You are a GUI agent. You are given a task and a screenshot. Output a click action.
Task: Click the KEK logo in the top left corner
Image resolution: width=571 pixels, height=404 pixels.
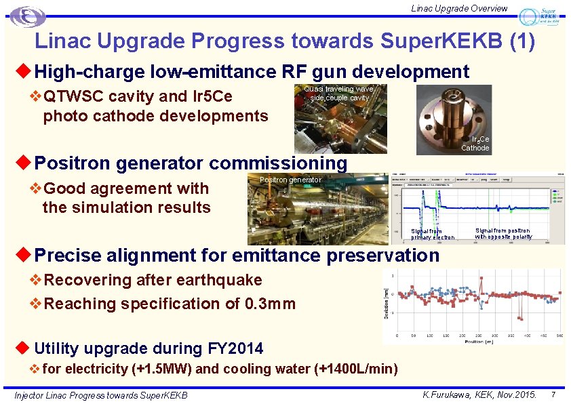pos(28,17)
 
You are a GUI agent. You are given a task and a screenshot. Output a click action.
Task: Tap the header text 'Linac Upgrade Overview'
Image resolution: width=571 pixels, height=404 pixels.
pos(459,8)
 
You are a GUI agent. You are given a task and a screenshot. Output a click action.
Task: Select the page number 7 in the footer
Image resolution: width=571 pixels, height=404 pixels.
pos(553,394)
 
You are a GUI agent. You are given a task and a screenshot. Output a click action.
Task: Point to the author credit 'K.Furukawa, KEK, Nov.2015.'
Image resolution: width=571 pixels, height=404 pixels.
pos(479,394)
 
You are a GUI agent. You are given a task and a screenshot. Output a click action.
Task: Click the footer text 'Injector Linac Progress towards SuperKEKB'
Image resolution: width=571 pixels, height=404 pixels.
pos(101,395)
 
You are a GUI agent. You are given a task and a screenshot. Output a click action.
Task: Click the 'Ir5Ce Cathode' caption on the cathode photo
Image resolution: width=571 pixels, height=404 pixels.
pos(475,144)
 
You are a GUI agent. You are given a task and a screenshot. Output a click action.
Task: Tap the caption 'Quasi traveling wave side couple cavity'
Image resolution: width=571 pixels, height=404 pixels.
pos(338,94)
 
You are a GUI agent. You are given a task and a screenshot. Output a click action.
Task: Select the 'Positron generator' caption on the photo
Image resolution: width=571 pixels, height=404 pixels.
pos(291,180)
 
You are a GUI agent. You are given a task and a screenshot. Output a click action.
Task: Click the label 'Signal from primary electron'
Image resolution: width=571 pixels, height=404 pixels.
pos(433,235)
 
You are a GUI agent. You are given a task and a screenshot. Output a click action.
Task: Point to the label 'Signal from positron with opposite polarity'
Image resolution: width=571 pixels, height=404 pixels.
pos(503,234)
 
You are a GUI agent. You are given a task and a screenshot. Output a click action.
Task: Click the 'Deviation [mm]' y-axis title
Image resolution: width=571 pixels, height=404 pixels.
pos(386,304)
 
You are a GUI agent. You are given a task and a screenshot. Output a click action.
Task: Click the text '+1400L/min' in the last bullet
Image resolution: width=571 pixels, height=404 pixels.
pos(356,369)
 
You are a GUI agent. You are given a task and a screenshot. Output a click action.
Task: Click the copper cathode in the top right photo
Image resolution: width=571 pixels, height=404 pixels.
pos(452,117)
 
